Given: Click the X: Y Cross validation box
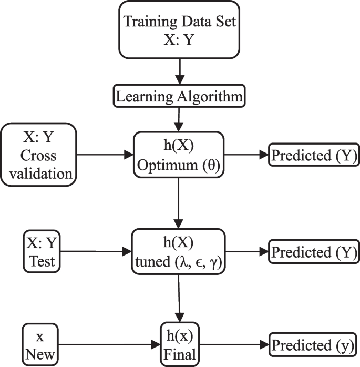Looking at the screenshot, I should pos(40,155).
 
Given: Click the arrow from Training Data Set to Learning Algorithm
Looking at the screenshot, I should pos(180,73).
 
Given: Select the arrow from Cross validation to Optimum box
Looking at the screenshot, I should pos(105,155).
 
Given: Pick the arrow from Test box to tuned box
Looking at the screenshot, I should pos(95,250).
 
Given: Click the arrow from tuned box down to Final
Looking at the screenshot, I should pos(180,298).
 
